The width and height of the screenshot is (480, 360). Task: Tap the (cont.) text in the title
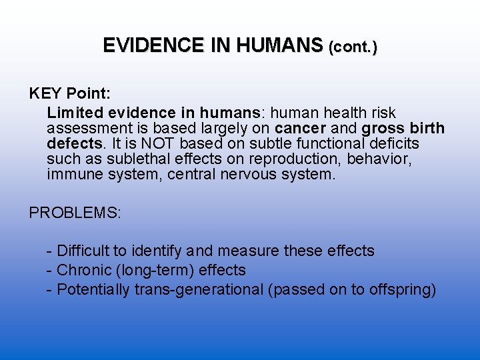[x=353, y=47]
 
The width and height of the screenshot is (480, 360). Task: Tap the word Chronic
[x=85, y=271]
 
